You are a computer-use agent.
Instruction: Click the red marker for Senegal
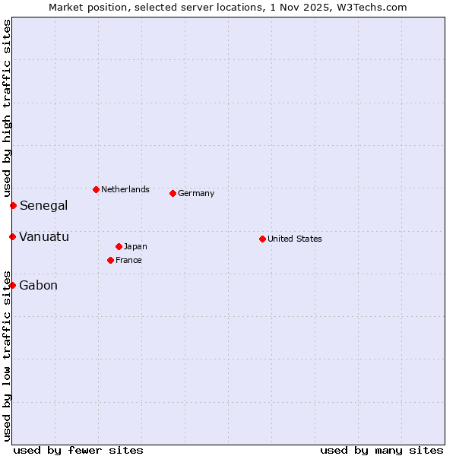click(x=13, y=205)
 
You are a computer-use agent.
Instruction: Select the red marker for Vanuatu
click(x=12, y=236)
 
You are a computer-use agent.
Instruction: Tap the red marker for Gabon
click(x=12, y=285)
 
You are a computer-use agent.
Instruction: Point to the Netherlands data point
click(x=96, y=189)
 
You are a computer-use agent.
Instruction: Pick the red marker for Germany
click(x=173, y=193)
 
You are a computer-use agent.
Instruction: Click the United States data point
click(x=262, y=239)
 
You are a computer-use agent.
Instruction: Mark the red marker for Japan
click(x=119, y=246)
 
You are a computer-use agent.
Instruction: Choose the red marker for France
click(x=110, y=260)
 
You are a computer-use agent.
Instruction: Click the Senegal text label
click(x=43, y=205)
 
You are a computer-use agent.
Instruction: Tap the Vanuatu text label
click(x=44, y=236)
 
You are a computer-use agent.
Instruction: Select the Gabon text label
click(x=38, y=285)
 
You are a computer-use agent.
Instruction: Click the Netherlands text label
click(x=125, y=189)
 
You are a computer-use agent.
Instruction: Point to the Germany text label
click(x=196, y=193)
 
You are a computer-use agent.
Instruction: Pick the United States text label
click(x=295, y=239)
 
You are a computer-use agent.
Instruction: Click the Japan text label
click(x=135, y=246)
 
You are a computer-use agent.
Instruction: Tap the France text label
click(x=128, y=260)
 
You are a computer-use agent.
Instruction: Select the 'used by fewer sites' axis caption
click(x=78, y=450)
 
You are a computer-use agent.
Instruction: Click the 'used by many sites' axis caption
click(x=382, y=450)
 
